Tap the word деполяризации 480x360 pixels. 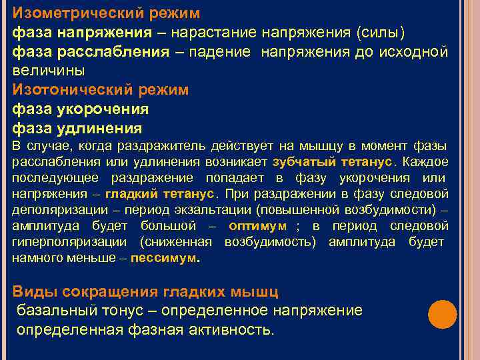click(51, 210)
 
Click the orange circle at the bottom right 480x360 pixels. click(442, 314)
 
